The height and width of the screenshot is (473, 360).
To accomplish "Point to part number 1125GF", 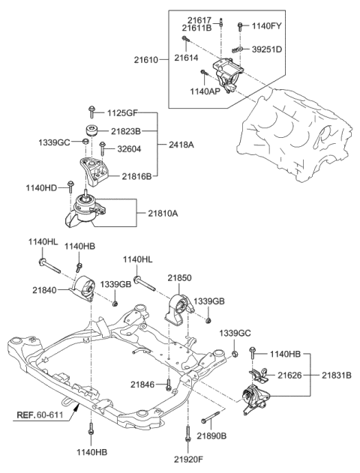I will pos(122,115).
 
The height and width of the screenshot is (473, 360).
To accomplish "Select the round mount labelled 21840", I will pos(85,289).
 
